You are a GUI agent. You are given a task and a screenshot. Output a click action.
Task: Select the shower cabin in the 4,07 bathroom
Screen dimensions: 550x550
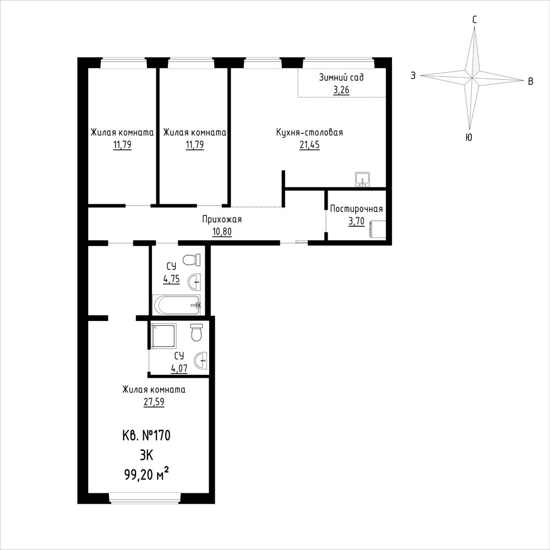coord(164,336)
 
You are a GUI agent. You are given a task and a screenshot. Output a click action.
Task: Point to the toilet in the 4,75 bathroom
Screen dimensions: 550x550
coord(192,260)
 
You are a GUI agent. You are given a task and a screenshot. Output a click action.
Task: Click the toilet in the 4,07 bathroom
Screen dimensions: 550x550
coord(197,333)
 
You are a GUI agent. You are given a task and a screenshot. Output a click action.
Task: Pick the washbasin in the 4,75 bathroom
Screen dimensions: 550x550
coord(195,282)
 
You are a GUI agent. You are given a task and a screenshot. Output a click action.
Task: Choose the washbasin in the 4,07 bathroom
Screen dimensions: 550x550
coord(202,360)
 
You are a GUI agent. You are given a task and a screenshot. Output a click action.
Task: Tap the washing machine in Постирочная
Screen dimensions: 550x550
coord(377,230)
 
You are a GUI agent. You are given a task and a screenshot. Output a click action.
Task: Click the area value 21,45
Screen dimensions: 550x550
coord(309,144)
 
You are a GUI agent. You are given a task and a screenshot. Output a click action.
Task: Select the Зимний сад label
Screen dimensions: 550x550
coord(341,77)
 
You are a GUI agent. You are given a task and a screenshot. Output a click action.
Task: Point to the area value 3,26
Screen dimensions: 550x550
coord(341,90)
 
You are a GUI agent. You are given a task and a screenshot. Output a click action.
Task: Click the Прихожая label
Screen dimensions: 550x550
coord(222,220)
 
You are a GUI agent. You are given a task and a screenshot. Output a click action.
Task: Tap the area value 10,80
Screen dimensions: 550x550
coord(222,231)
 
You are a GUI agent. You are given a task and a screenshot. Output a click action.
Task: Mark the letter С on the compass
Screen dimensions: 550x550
coord(475,20)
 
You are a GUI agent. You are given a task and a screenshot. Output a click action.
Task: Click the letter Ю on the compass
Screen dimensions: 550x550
coord(469,138)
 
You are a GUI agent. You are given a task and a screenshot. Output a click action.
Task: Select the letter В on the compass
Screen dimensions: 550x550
coord(531,81)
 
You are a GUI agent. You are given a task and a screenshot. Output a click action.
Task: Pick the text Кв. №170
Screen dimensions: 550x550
coord(146,435)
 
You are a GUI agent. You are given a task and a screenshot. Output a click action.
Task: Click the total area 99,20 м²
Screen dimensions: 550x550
coord(146,475)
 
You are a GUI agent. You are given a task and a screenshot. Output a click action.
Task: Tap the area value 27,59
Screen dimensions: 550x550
coord(154,401)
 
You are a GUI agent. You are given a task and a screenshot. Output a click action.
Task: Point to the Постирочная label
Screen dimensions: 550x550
coord(356,209)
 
